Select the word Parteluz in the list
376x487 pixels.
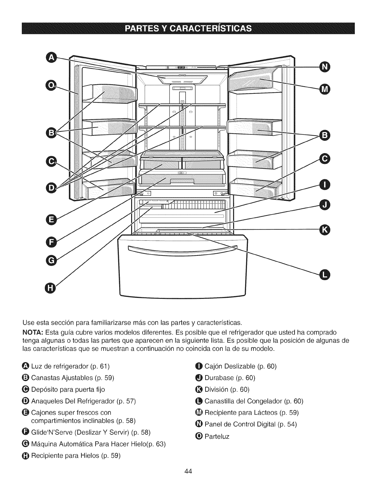click(217, 436)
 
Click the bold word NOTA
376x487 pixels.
click(33, 332)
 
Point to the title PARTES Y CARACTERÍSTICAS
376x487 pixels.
click(188, 29)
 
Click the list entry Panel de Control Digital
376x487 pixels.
click(240, 424)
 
